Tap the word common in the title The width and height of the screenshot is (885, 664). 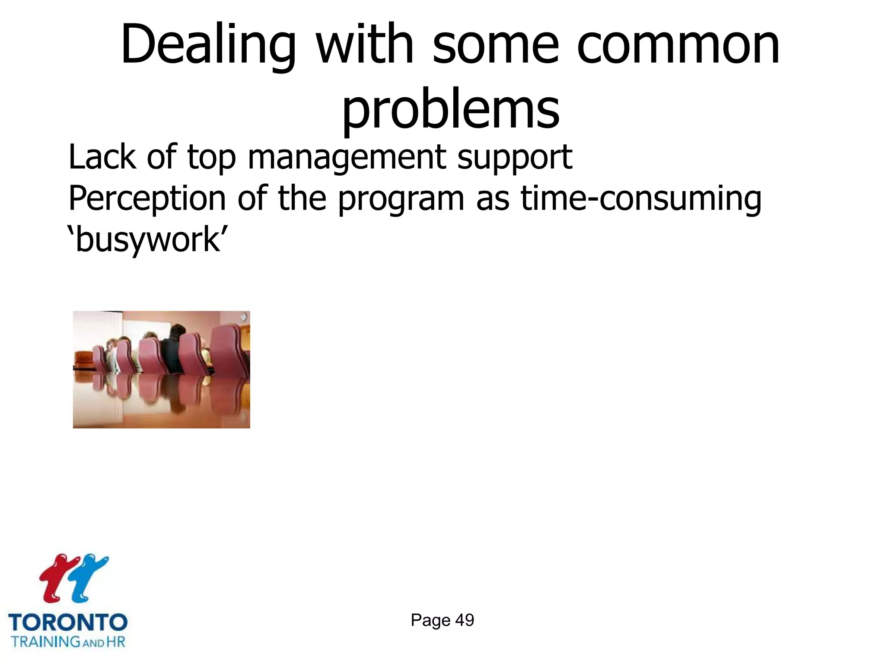coord(678,45)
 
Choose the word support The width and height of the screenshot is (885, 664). coord(515,158)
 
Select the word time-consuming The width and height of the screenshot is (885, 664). coord(641,199)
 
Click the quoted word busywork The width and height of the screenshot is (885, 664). coord(147,240)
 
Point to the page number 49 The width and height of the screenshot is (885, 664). coord(465,620)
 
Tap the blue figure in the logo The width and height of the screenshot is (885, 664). coord(89,577)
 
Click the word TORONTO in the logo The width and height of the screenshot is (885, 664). coord(68,622)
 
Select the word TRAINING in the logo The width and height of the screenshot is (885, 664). coord(45,642)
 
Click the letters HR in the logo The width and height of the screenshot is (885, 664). coord(116,642)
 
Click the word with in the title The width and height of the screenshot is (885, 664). coord(365,45)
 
